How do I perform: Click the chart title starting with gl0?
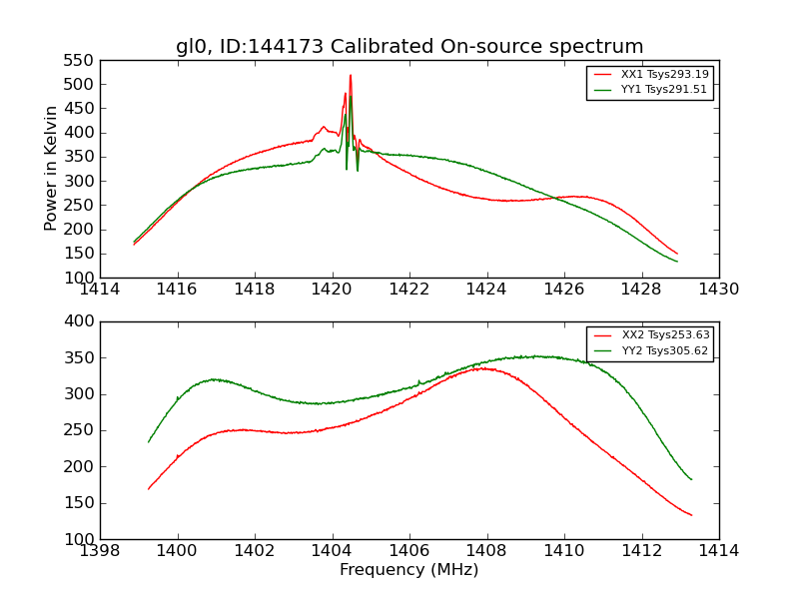coord(409,46)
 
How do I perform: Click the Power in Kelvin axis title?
coord(52,169)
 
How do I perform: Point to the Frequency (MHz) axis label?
coord(409,570)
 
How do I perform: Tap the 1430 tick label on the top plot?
coord(718,290)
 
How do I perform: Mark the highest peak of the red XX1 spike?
coord(351,75)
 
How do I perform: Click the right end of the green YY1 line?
coord(677,262)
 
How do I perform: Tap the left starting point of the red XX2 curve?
coord(149,489)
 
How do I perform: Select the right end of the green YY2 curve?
coord(691,479)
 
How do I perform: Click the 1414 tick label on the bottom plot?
coord(718,551)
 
